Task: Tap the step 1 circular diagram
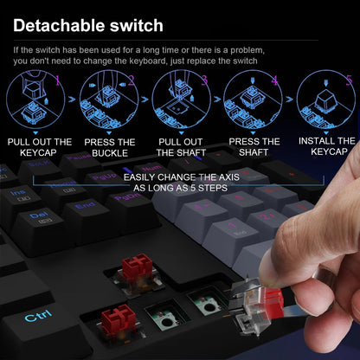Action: pyautogui.click(x=36, y=101)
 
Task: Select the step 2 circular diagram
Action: pyautogui.click(x=107, y=101)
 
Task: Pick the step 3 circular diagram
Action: pyautogui.click(x=180, y=101)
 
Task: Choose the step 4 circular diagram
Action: pyautogui.click(x=252, y=101)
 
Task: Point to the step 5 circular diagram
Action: pyautogui.click(x=324, y=101)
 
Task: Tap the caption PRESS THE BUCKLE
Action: pyautogui.click(x=110, y=147)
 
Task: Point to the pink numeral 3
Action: pyautogui.click(x=204, y=80)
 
